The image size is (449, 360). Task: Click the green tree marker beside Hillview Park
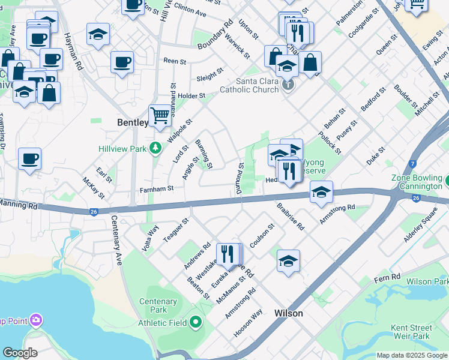coord(155,147)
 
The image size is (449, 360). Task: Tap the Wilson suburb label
coord(288,313)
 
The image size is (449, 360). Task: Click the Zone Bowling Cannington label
coord(417,182)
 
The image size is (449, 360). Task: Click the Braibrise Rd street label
coord(291,216)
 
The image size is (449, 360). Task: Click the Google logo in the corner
coord(19,352)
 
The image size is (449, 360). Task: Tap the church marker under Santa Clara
coord(288,84)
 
